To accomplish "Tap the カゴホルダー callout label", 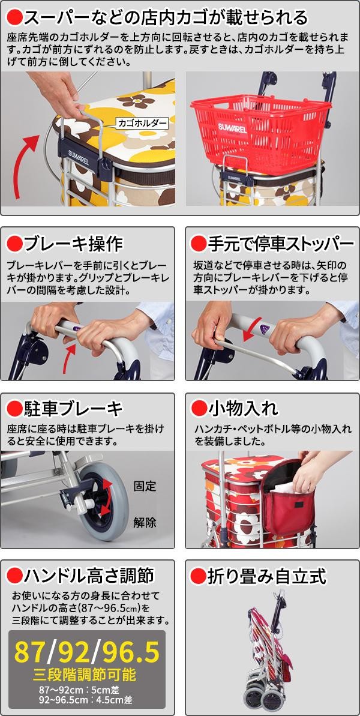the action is point(142,122).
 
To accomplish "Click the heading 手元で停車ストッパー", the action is point(281,244).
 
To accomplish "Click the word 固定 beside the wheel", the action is point(145,486).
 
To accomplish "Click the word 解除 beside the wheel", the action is point(145,522).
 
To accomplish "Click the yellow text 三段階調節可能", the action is point(85,675).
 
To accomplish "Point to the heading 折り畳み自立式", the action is point(267,576).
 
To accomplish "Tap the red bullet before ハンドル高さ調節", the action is point(15,576).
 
